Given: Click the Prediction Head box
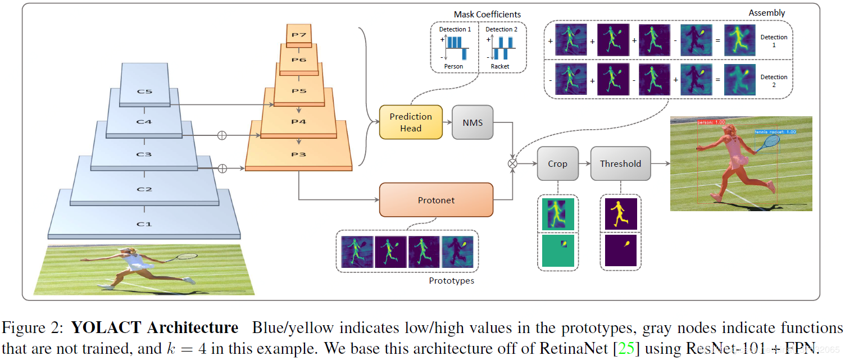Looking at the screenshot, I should click(x=411, y=122).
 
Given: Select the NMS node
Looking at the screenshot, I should click(x=473, y=122).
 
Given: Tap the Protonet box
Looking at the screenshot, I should click(x=436, y=200).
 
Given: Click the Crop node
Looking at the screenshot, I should click(x=557, y=163).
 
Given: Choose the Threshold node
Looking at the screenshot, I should click(x=620, y=163).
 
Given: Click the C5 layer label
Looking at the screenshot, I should click(x=144, y=92).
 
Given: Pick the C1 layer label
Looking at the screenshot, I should click(x=144, y=224).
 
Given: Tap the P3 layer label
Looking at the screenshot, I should click(x=298, y=154).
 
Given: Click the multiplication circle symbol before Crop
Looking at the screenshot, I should click(x=512, y=163).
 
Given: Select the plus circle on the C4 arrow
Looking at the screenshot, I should click(x=221, y=135).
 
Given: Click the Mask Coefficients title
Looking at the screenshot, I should click(x=487, y=14).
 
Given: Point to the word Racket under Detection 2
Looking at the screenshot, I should click(x=499, y=66).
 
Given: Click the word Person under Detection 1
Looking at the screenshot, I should click(x=454, y=66).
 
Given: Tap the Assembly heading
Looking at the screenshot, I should click(x=767, y=13).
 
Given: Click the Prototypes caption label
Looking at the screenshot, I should click(x=451, y=281).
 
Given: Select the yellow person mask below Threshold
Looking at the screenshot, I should click(x=621, y=214).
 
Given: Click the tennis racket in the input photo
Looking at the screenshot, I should click(x=185, y=257).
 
